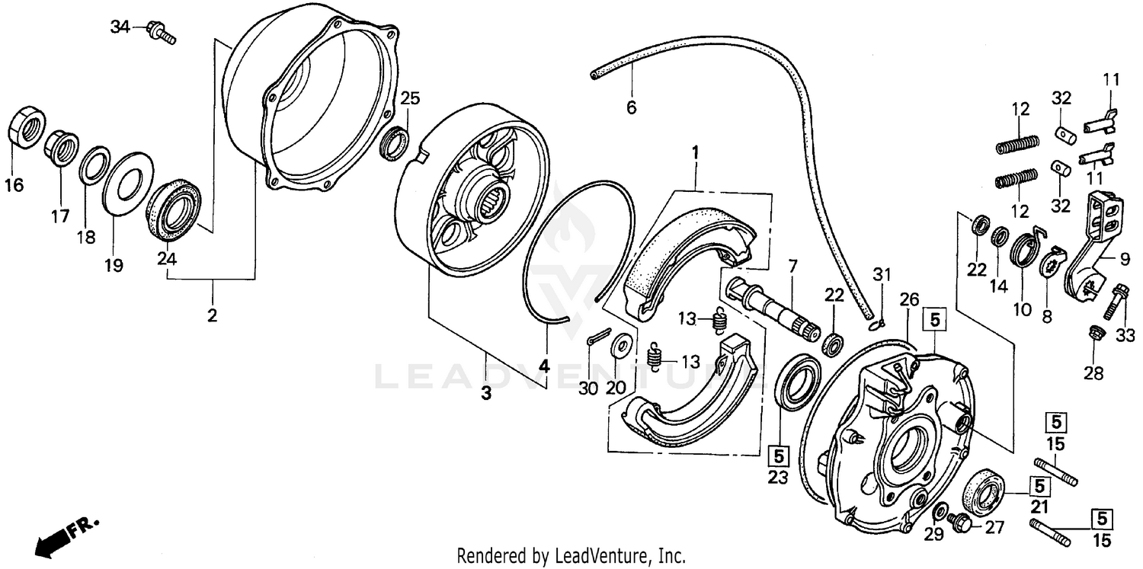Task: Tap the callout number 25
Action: [x=410, y=98]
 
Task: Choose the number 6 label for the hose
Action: [x=631, y=107]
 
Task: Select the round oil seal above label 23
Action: [x=797, y=380]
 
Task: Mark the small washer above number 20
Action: [x=622, y=344]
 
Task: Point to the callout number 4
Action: [x=543, y=366]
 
